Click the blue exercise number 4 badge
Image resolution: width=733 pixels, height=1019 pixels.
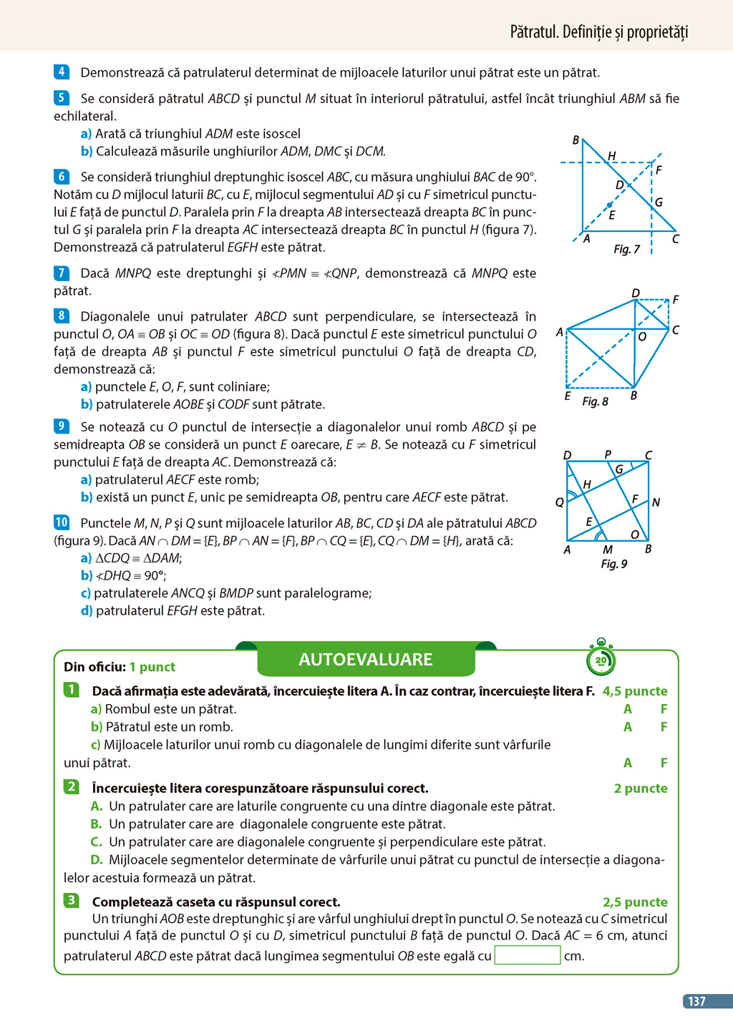(x=61, y=72)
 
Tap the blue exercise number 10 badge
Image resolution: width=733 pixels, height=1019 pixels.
(x=62, y=522)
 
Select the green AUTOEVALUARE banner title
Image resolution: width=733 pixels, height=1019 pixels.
(x=365, y=659)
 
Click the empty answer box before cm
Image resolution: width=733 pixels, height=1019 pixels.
(x=527, y=955)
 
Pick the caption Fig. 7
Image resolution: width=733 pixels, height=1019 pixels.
(x=626, y=249)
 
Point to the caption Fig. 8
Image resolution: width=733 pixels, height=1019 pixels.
(x=595, y=401)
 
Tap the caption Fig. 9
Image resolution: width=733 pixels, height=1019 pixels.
(x=613, y=564)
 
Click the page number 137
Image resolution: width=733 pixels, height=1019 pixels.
(x=696, y=1001)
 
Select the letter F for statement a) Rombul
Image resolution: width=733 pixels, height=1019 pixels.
(x=664, y=709)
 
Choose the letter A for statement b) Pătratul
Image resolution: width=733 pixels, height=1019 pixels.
(x=628, y=727)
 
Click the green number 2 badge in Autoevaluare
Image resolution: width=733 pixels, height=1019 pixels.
(x=72, y=787)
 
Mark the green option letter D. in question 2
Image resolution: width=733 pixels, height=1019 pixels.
(x=97, y=860)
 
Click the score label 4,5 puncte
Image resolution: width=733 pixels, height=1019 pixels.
(x=635, y=691)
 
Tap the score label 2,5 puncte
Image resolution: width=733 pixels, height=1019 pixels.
(x=635, y=902)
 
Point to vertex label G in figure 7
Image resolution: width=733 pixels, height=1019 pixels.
(x=659, y=203)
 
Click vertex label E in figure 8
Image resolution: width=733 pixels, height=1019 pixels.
(x=568, y=395)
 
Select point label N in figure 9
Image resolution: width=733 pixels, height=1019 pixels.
(x=656, y=502)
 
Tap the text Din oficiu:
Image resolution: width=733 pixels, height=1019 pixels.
(x=94, y=667)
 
